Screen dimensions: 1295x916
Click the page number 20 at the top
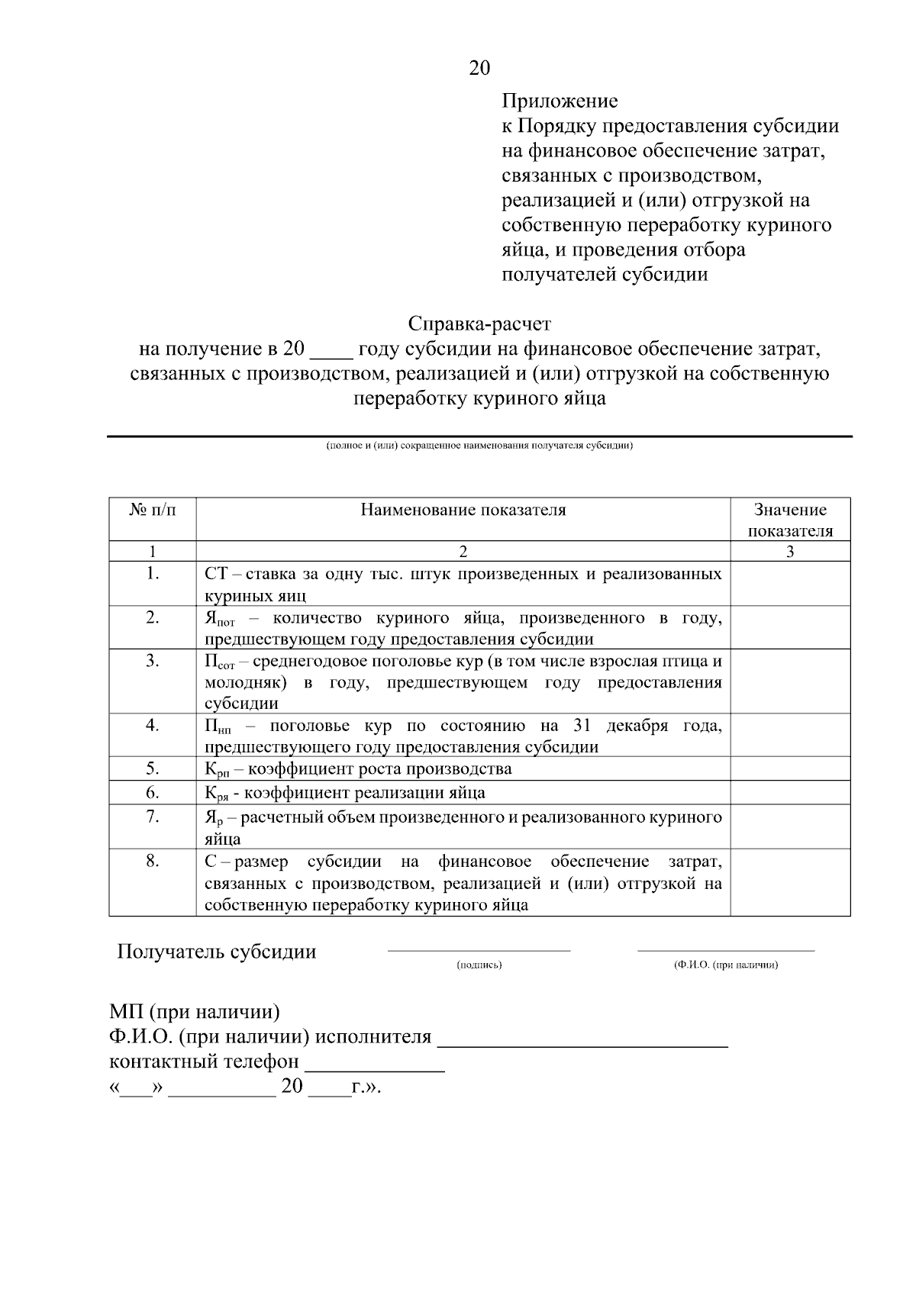tap(479, 69)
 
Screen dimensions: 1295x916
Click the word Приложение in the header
tap(560, 101)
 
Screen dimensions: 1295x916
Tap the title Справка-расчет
tap(479, 324)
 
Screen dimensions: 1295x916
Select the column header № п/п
tap(153, 510)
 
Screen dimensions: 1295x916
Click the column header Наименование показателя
tap(463, 510)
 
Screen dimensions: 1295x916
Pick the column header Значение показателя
tap(790, 520)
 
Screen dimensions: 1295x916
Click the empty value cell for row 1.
tap(790, 584)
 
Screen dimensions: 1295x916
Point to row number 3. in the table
tap(153, 661)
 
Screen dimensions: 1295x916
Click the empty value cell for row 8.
tap(790, 882)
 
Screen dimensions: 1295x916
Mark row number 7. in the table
tap(153, 817)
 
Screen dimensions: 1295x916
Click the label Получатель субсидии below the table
tap(216, 952)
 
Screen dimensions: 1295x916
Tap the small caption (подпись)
tap(479, 965)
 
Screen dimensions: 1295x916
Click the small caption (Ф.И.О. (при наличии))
tap(725, 965)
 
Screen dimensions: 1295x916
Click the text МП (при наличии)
tap(195, 1012)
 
